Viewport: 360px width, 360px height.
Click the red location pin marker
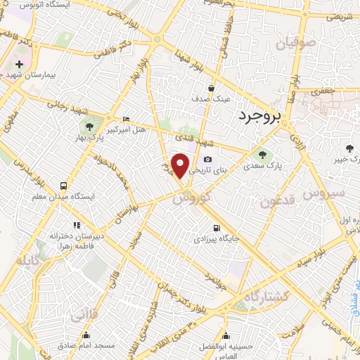pos(181,166)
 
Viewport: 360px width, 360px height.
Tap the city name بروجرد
pos(259,116)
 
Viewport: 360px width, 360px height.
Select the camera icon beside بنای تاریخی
pos(207,160)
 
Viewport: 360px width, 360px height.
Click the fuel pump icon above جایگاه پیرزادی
pos(215,227)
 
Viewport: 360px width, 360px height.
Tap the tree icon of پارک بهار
pos(89,127)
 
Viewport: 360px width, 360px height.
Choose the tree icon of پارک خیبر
pos(349,147)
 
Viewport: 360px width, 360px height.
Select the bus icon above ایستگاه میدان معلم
pos(64,187)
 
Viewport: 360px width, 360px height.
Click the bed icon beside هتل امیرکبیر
pos(126,120)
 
